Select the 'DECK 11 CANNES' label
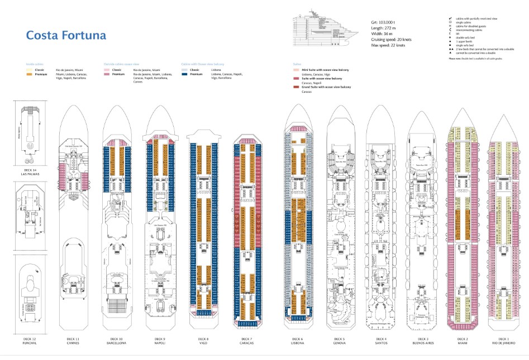73,340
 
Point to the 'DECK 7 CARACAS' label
246,340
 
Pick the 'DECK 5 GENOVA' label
340,340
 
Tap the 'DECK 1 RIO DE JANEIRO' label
504,340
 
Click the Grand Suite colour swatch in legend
297,87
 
